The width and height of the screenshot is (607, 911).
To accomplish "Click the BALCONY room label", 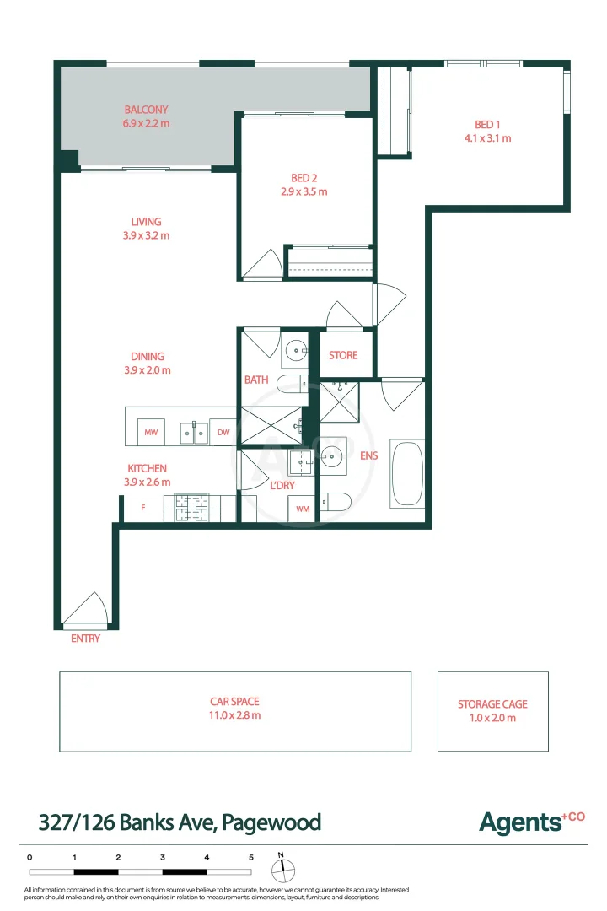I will click(146, 110).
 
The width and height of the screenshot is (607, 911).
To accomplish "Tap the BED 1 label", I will click(487, 124).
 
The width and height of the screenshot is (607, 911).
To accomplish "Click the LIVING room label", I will click(146, 222).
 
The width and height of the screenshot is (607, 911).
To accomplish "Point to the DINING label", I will click(147, 357).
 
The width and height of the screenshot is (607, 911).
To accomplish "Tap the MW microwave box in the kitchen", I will click(152, 433).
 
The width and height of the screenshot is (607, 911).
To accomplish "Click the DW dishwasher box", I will click(223, 433).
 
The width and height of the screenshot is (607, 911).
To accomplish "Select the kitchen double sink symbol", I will click(193, 432).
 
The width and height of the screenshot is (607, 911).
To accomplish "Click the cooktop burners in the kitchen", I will click(191, 509).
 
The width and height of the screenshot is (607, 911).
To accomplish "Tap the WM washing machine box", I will click(302, 509).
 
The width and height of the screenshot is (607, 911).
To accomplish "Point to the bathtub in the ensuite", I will click(406, 474).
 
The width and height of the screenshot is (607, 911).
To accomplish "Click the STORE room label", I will click(343, 355).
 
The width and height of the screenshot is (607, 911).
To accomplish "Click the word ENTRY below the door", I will click(85, 639).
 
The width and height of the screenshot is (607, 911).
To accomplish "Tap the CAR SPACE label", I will click(234, 701).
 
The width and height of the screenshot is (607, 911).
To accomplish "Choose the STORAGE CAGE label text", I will click(492, 704).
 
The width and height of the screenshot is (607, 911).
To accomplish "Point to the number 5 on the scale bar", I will click(250, 857).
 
